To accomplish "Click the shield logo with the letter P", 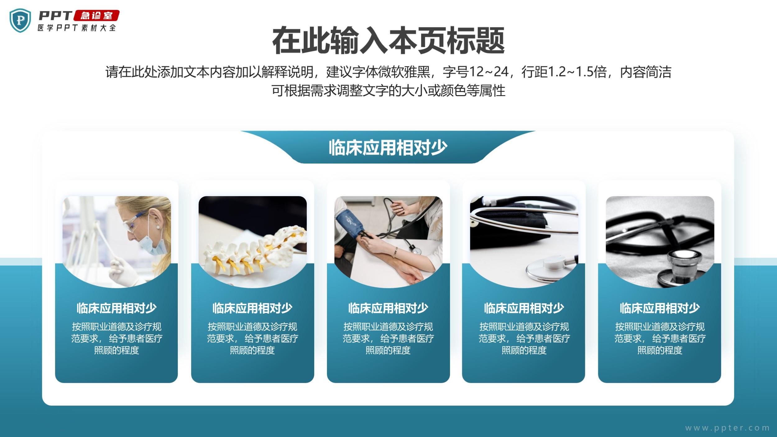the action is pos(20,21).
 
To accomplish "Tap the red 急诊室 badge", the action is pos(97,16).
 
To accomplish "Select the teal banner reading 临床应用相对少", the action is pos(388,147).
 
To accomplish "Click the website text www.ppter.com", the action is pos(727,428).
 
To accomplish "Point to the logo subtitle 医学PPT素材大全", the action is pos(76,28).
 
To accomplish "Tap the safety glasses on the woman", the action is pos(134,221).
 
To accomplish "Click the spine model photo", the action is pos(252,242).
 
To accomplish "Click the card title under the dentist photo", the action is pos(117,308).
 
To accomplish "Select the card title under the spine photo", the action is pos(252,308).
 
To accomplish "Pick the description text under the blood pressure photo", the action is pos(388,338).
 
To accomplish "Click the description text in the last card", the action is pos(660,338).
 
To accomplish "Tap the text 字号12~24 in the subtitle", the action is pos(476,72).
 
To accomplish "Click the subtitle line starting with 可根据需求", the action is pos(388,90).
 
